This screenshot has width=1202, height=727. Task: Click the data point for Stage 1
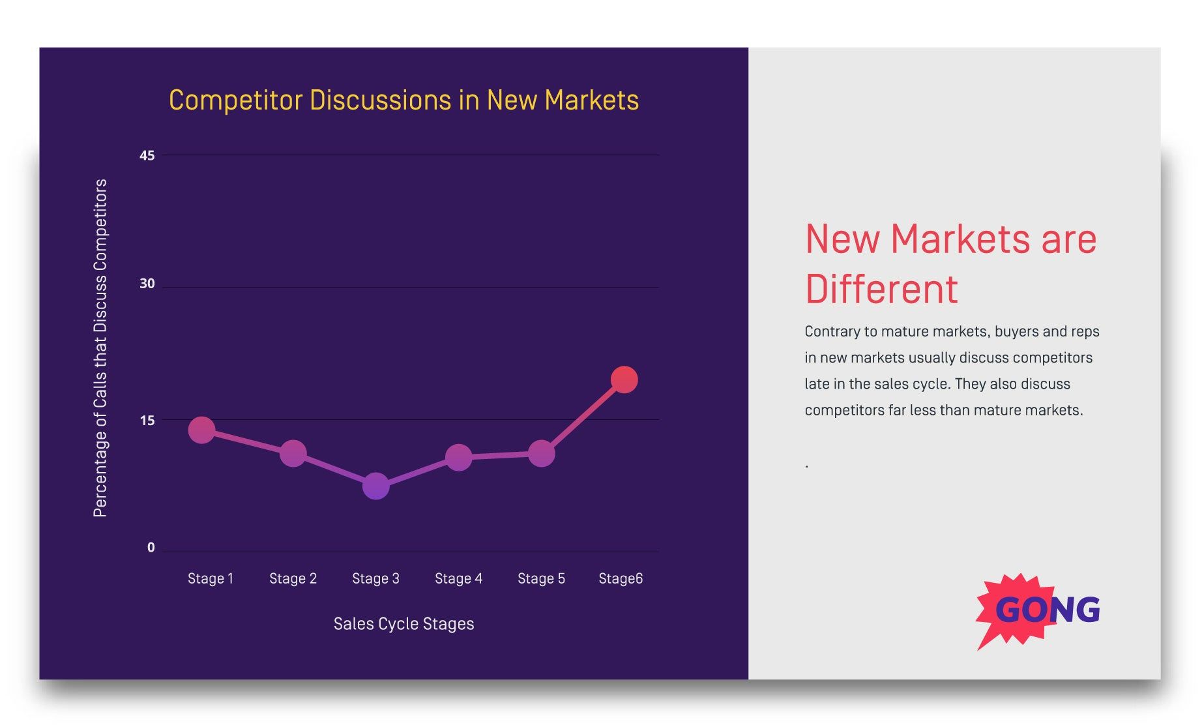pyautogui.click(x=201, y=430)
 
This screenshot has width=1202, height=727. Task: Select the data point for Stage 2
pyautogui.click(x=293, y=453)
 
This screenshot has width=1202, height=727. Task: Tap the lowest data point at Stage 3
pyautogui.click(x=375, y=486)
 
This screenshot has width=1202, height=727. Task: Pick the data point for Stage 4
pyautogui.click(x=458, y=458)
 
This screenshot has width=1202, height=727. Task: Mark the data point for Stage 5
pyautogui.click(x=541, y=453)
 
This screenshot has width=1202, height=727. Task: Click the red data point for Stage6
pyautogui.click(x=624, y=379)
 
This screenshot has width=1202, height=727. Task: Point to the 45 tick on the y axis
pyautogui.click(x=147, y=155)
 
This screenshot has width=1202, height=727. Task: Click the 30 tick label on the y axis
pyautogui.click(x=147, y=284)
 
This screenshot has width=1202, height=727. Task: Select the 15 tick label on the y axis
pyautogui.click(x=147, y=421)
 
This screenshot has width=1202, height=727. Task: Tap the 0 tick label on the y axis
pyautogui.click(x=151, y=548)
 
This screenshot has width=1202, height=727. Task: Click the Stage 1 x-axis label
pyautogui.click(x=211, y=578)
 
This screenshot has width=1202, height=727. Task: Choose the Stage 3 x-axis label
pyautogui.click(x=375, y=578)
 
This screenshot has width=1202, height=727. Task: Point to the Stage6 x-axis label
pyautogui.click(x=621, y=578)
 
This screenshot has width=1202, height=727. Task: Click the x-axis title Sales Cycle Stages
pyautogui.click(x=403, y=624)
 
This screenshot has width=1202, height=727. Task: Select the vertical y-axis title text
pyautogui.click(x=100, y=348)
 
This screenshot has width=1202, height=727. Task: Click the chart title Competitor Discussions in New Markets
pyautogui.click(x=403, y=100)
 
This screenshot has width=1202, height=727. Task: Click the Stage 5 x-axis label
pyautogui.click(x=541, y=578)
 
